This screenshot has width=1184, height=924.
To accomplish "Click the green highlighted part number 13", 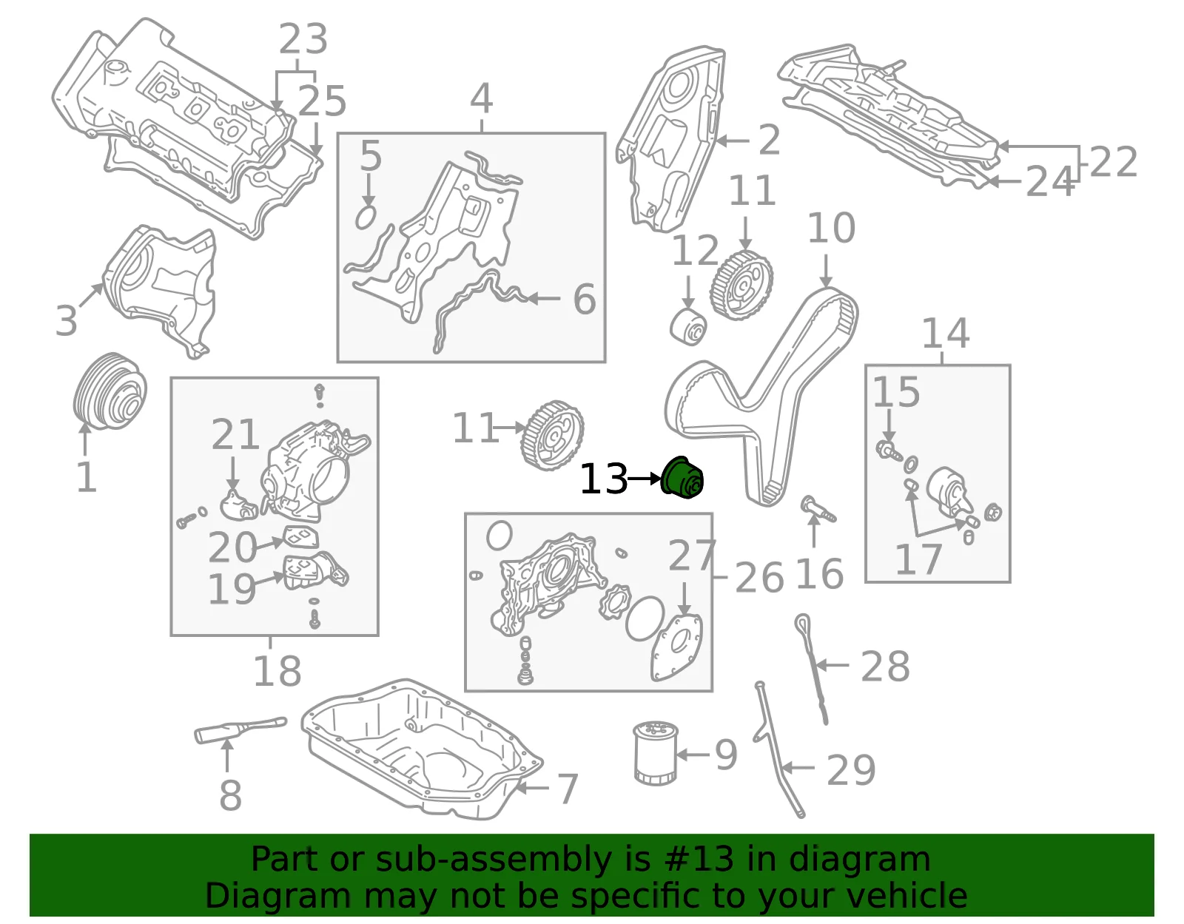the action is pos(682,478).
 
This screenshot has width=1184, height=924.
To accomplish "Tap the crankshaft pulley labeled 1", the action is pos(110,391).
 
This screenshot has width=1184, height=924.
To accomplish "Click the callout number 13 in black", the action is pos(604,479).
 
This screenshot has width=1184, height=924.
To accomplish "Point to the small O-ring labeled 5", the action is pos(366,217).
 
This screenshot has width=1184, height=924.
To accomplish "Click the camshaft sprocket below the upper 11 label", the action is pos(741,285).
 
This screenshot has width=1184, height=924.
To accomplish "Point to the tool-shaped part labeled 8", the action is pos(240,730).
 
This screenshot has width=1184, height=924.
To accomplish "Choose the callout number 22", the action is pos(1113,162).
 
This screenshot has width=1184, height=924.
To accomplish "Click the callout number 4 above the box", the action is pos(482,99).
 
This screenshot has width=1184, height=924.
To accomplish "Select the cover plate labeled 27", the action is pos(676,648).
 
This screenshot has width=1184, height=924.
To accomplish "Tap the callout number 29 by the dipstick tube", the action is pos(851,770).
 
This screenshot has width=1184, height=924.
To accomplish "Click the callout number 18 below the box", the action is pos(277,671).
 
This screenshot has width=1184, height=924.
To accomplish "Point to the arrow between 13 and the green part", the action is pos(645,479).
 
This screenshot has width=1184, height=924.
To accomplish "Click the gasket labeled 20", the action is pos(300,538).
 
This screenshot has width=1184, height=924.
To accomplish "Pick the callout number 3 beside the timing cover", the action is pos(67,321).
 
